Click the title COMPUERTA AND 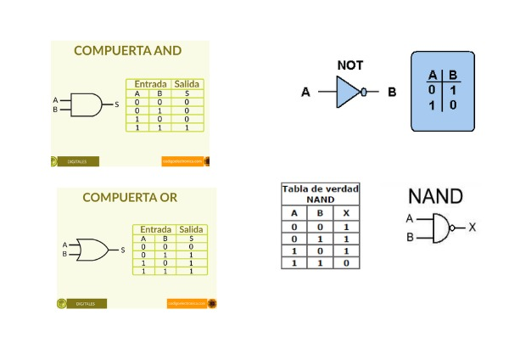[127, 51]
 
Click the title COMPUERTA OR [130, 198]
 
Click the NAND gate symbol [441, 228]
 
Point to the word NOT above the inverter [350, 65]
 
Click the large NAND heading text [436, 197]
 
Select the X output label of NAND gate [473, 228]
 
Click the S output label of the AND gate [116, 104]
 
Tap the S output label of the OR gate [123, 250]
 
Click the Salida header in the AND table [186, 84]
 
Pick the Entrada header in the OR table [154, 229]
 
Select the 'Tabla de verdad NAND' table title [320, 192]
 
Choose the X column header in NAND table [346, 212]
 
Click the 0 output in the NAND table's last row [346, 264]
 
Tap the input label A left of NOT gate [305, 93]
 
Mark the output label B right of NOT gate [392, 93]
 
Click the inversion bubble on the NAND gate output [454, 228]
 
